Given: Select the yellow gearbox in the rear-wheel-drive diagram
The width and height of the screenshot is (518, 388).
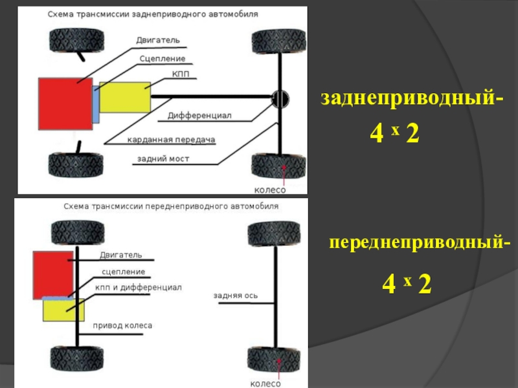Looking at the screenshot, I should point(124,98).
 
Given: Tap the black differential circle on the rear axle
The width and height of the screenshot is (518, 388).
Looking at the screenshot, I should point(280,98).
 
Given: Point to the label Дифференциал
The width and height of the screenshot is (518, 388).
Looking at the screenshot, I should point(199,116).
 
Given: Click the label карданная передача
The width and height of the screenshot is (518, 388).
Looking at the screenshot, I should point(171,139).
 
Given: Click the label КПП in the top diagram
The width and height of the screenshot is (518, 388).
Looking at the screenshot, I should point(181,76).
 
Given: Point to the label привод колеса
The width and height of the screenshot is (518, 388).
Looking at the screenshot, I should point(122,325).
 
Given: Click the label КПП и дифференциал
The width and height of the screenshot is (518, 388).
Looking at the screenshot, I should point(138,287).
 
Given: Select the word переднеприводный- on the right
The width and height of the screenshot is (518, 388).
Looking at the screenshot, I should point(420,244).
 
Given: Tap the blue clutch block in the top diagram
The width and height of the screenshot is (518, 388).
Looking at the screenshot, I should point(96,104).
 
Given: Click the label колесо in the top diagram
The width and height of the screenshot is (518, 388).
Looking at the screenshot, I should point(269,189).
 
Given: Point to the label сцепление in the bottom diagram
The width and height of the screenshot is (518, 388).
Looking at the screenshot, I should point(123,272).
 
